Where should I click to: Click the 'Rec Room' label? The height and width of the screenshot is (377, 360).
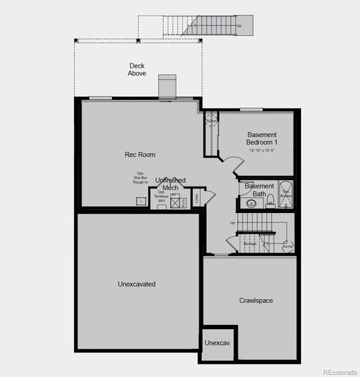140,155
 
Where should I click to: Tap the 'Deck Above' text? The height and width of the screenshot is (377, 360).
137,70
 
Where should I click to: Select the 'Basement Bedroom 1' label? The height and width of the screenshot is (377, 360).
262,138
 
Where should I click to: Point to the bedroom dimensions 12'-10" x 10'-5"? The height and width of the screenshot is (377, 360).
263,151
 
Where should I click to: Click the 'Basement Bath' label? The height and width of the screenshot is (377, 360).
259,190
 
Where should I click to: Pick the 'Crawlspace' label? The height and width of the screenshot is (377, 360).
256,300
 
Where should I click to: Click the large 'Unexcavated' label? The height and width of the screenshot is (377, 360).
136,284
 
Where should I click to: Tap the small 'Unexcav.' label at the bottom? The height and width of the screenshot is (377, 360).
217,343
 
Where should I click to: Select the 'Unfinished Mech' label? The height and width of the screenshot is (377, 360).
170,184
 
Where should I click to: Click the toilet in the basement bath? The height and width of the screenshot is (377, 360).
271,200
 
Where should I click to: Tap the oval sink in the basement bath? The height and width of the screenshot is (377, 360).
251,202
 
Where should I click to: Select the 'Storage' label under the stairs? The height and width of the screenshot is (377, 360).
250,243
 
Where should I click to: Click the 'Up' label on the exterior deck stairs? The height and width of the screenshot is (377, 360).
239,26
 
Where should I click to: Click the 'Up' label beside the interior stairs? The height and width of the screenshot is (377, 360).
232,223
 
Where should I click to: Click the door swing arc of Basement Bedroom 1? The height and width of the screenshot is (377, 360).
234,165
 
